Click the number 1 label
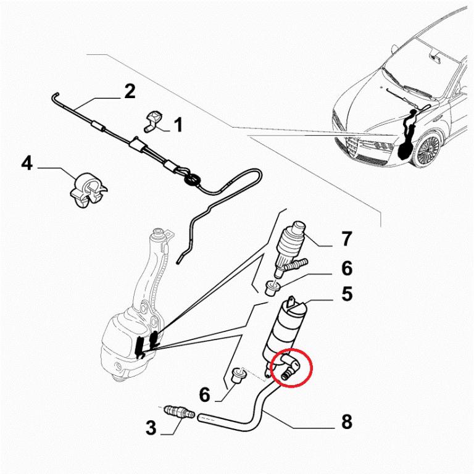tap(178, 126)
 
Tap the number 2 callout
tap(129, 92)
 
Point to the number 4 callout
tap(27, 164)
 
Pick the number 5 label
tap(347, 294)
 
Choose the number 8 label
tap(346, 422)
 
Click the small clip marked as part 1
tap(153, 120)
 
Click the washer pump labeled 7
tap(294, 244)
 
